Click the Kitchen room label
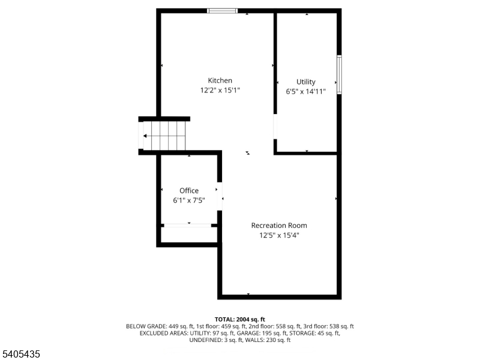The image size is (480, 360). (x=220, y=80)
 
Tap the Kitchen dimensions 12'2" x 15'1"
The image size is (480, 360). (x=220, y=91)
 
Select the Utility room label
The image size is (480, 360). (x=305, y=82)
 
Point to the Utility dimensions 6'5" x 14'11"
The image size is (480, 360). (x=305, y=92)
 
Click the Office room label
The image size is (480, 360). (x=189, y=191)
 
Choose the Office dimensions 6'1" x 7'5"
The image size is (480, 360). (x=189, y=201)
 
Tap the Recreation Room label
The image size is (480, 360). (x=278, y=226)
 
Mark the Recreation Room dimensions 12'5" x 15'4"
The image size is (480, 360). (x=278, y=236)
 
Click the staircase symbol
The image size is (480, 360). (x=164, y=136)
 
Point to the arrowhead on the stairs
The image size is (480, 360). (x=145, y=136)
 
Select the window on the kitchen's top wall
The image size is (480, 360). (x=222, y=11)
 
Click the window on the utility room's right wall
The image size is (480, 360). (x=339, y=74)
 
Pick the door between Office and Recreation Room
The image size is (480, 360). (x=220, y=196)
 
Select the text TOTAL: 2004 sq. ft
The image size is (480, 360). (x=239, y=319)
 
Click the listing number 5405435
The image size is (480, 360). (x=21, y=355)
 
